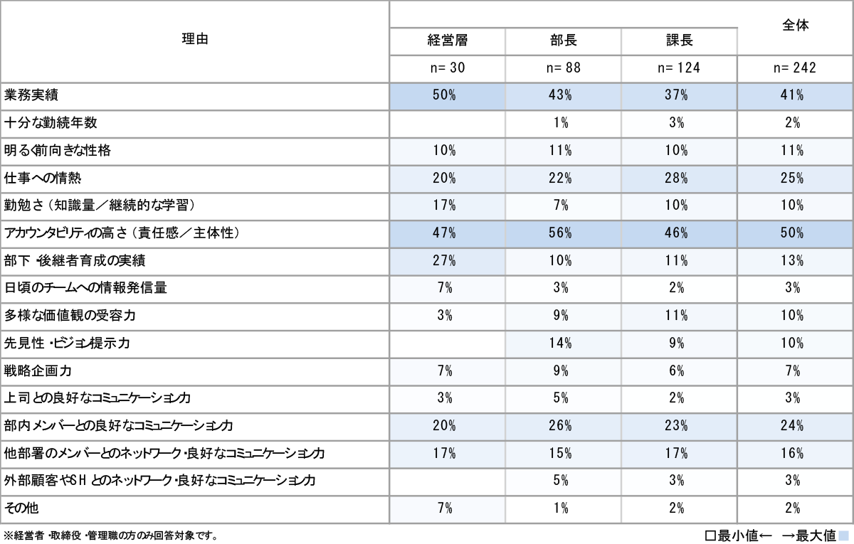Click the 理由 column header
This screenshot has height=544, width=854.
194,41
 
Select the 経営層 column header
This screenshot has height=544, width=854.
447,41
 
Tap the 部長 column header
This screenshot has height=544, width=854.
563,41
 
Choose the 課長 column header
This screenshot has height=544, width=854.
679,41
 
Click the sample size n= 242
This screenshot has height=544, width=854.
795,68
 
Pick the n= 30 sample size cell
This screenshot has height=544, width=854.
447,68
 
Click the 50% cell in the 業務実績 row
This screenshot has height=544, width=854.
447,96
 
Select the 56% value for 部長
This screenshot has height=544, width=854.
563,233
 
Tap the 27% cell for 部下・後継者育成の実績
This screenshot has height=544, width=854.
447,261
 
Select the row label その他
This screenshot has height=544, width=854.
21,508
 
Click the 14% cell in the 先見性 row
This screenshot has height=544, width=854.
563,343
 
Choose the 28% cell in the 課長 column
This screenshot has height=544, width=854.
679,178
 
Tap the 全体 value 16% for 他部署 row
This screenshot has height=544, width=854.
795,454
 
